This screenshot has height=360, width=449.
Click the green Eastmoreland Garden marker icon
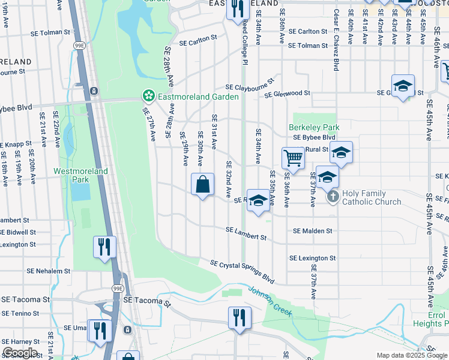(148, 95)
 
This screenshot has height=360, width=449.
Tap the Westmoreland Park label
(80, 175)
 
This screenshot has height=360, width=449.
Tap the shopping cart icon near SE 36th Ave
(293, 158)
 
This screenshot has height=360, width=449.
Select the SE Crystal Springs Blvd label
(242, 271)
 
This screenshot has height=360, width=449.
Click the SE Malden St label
(312, 230)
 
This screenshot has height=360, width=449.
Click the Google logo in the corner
(19, 353)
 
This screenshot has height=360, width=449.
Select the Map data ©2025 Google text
(411, 355)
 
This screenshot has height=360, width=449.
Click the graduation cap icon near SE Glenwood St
(403, 85)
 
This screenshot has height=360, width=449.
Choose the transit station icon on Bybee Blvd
(94, 91)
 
